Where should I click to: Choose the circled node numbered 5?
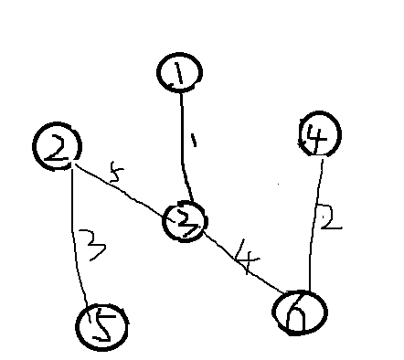tap(102, 326)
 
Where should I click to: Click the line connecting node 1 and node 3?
tap(185, 155)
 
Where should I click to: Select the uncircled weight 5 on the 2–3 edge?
tap(114, 172)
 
